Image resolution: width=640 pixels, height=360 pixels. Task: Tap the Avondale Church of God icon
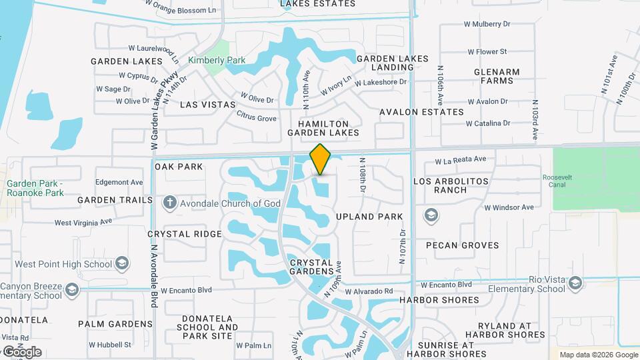[170, 202]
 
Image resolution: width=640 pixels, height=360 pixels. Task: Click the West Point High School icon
[121, 264]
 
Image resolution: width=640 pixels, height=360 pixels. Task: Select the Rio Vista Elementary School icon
[575, 285]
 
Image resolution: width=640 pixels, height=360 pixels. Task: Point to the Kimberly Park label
[217, 60]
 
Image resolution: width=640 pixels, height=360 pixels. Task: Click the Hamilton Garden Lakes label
[323, 128]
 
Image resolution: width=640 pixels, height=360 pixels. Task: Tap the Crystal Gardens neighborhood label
[311, 267]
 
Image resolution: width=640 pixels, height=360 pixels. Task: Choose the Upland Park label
[369, 217]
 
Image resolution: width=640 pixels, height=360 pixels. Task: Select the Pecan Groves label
[462, 245]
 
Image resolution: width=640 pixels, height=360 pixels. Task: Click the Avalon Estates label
[421, 112]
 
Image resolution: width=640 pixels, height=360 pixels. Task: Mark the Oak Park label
[179, 166]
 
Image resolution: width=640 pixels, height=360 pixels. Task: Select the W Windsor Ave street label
[509, 207]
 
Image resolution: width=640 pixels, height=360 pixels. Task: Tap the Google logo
[21, 352]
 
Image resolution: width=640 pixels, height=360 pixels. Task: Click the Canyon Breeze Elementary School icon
[72, 290]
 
